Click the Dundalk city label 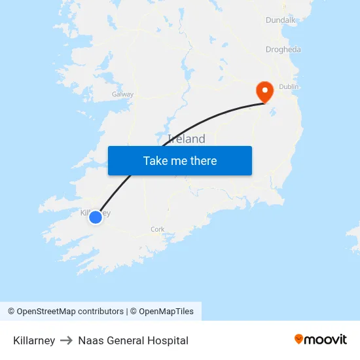tap(281, 20)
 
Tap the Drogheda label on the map tap(283, 49)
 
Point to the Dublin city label tap(289, 86)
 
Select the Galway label tap(122, 94)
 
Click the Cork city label tap(157, 229)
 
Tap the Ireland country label tap(187, 139)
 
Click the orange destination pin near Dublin tap(264, 91)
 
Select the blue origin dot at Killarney tap(96, 217)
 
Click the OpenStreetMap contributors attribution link tap(70, 312)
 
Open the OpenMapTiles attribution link tap(166, 312)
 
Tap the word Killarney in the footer tap(34, 340)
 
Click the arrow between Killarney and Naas tap(67, 340)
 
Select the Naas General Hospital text tap(133, 340)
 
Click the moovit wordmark tap(326, 339)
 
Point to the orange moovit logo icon tap(299, 339)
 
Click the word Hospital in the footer tap(168, 340)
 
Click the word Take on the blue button tap(155, 160)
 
